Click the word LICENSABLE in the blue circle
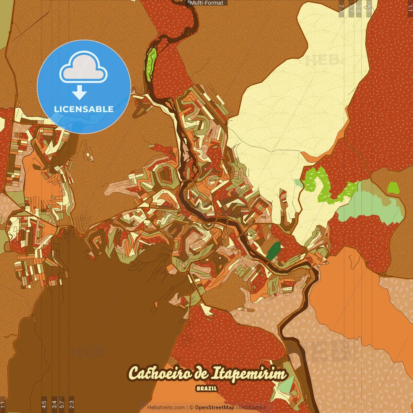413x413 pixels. (84, 109)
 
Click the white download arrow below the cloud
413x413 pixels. (79, 92)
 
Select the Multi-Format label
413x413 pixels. (206, 3)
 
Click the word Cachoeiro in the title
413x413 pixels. (160, 373)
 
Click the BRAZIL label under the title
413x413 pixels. (206, 388)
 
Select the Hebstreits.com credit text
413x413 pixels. (166, 408)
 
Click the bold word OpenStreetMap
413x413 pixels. (215, 408)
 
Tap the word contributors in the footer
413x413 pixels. (251, 408)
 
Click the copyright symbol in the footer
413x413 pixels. (191, 408)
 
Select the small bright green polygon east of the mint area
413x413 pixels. (393, 188)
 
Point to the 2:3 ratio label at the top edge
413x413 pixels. (342, 8)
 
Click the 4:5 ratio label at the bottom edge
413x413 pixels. (44, 404)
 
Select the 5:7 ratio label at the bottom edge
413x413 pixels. (62, 404)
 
